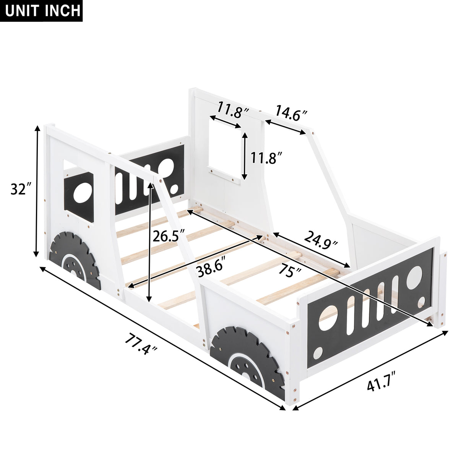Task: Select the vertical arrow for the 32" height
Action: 37,191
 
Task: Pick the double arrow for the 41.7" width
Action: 370,370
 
